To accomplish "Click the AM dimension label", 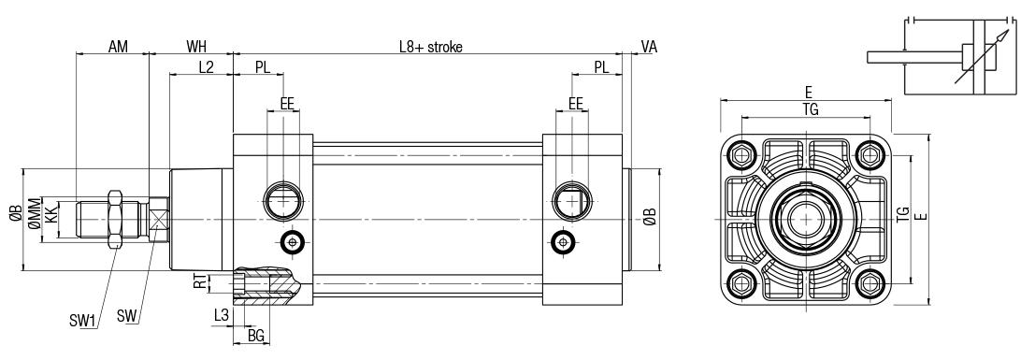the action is (x=118, y=46).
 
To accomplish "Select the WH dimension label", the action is (x=196, y=46).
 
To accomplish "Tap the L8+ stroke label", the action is (x=430, y=46).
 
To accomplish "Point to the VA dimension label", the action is (x=649, y=46).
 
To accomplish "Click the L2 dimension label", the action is (x=206, y=66).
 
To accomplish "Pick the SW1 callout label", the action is (x=83, y=322).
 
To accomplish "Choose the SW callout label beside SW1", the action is (x=126, y=316).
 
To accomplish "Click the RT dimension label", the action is (x=199, y=282).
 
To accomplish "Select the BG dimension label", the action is (x=256, y=336).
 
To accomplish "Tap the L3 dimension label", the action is (x=222, y=316).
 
